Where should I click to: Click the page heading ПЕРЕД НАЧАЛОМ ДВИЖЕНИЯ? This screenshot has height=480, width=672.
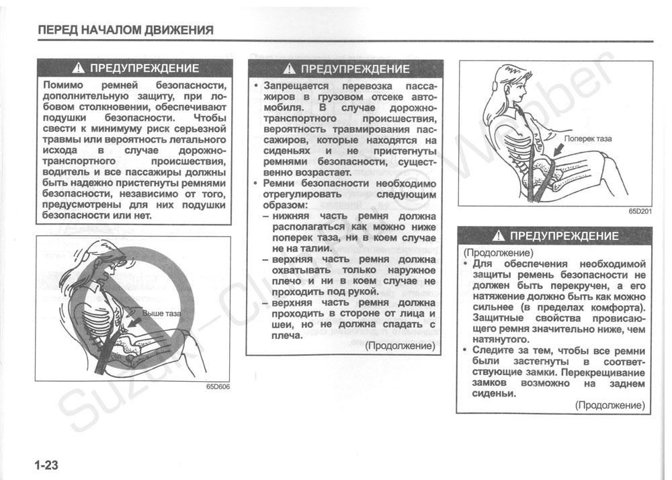pos(126,30)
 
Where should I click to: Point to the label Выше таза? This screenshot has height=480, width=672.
pos(161,313)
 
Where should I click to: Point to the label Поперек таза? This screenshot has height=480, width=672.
pos(588,138)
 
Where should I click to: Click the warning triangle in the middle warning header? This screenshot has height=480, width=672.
pos(290,69)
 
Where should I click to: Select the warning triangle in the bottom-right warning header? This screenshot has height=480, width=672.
pos(499,235)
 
